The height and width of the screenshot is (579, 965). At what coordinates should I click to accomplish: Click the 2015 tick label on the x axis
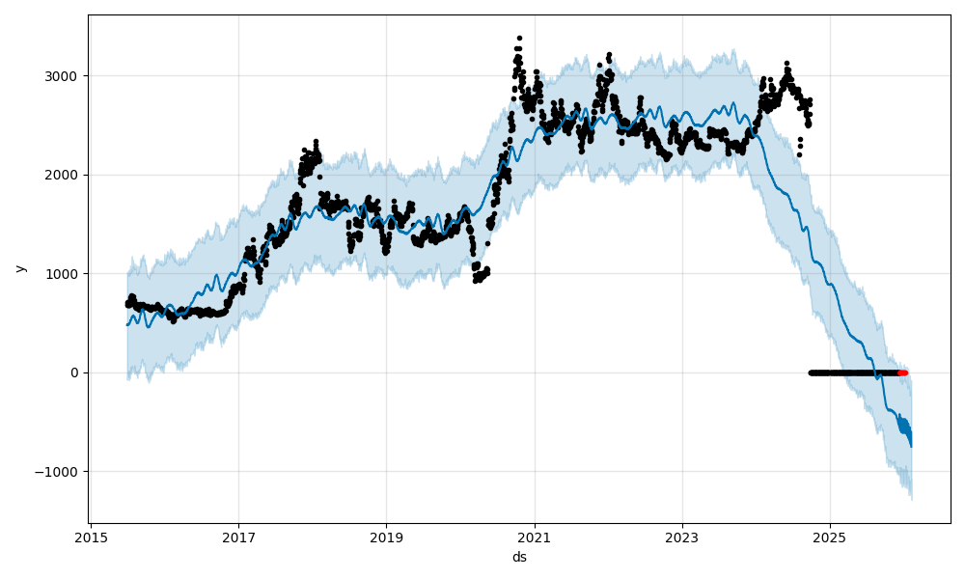[x=91, y=537]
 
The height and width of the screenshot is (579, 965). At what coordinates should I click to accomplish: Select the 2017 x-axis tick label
[x=238, y=537]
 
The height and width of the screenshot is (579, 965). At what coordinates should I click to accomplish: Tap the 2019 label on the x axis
[x=386, y=537]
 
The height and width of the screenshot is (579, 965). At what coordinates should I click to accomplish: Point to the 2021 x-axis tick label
[x=534, y=537]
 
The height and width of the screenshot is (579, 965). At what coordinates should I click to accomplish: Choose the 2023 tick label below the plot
[x=682, y=537]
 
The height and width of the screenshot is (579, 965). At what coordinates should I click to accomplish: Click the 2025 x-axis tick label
[x=830, y=537]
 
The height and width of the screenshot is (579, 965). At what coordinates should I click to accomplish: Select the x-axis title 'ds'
[x=519, y=557]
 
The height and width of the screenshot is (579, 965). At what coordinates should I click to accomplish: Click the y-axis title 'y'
[x=19, y=268]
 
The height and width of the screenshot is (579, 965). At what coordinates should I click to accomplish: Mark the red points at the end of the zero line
[x=902, y=372]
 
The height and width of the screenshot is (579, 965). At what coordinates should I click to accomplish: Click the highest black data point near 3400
[x=519, y=39]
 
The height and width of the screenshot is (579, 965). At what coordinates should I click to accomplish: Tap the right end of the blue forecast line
[x=911, y=445]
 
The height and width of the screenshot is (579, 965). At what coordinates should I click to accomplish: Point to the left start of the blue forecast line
[x=127, y=324]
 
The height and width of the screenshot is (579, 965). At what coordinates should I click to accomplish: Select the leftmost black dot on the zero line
[x=811, y=372]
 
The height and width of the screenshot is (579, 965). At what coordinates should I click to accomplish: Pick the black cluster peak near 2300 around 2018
[x=315, y=143]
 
